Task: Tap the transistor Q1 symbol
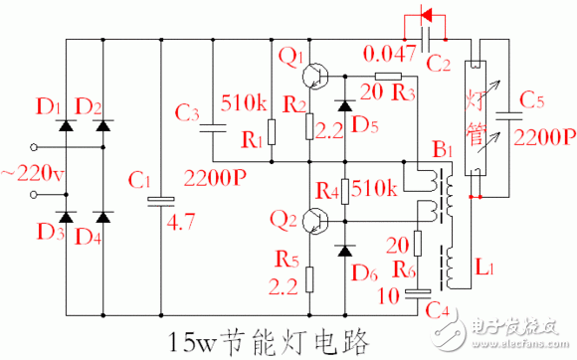point(317,76)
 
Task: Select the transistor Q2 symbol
point(317,220)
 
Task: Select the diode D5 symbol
point(344,104)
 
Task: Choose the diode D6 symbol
point(344,249)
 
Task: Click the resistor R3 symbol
point(387,76)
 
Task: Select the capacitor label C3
point(189,113)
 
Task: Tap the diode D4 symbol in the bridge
point(102,216)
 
